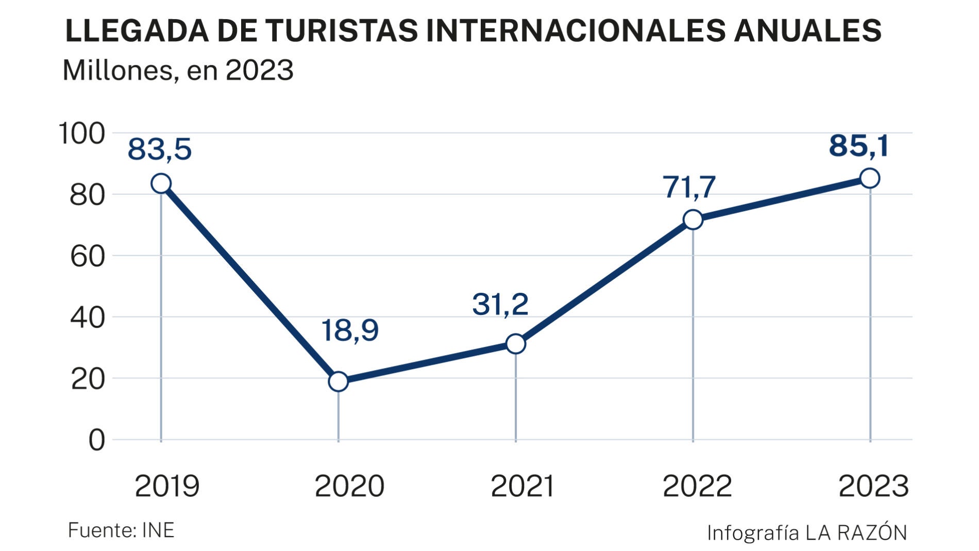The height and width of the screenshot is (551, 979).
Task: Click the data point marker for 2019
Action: pyautogui.click(x=161, y=183)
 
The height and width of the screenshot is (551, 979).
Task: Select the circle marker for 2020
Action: pyautogui.click(x=338, y=381)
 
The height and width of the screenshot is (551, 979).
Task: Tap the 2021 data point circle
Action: pyautogui.click(x=515, y=344)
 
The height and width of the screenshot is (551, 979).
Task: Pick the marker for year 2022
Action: pyautogui.click(x=693, y=220)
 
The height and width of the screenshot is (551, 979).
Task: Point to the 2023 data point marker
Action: pyautogui.click(x=870, y=178)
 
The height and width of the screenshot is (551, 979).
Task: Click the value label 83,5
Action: pyautogui.click(x=160, y=149)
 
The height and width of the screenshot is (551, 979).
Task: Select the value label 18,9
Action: pyautogui.click(x=350, y=330)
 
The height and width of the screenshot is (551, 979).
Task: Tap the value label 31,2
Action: pyautogui.click(x=500, y=304)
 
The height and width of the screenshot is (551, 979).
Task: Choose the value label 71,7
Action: pyautogui.click(x=689, y=187)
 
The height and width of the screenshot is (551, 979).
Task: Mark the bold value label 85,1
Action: pyautogui.click(x=859, y=145)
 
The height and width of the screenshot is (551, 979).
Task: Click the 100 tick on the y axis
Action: pyautogui.click(x=82, y=133)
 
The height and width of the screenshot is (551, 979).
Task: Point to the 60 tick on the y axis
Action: pyautogui.click(x=88, y=256)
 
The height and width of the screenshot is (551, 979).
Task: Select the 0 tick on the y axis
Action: pyautogui.click(x=96, y=441)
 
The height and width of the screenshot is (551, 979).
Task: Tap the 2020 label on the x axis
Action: pyautogui.click(x=349, y=486)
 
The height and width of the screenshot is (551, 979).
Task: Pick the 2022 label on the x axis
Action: pyautogui.click(x=697, y=486)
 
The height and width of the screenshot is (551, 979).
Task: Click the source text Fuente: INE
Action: pyautogui.click(x=121, y=530)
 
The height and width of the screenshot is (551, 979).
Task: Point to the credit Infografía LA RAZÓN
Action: pyautogui.click(x=807, y=532)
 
